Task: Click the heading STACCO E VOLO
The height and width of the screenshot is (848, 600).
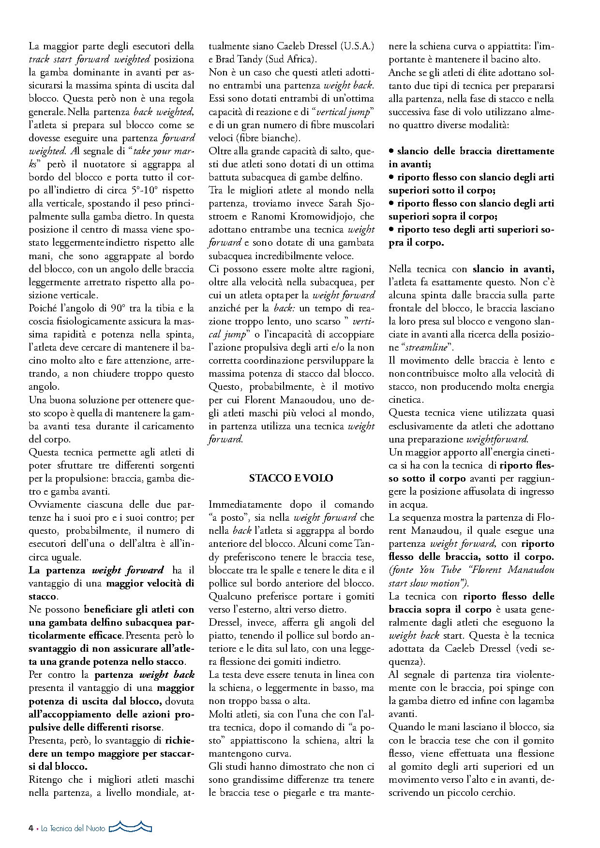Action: pyautogui.click(x=291, y=478)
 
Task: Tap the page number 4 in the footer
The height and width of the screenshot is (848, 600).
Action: pyautogui.click(x=31, y=828)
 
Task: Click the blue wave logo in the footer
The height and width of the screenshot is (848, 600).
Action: pyautogui.click(x=130, y=827)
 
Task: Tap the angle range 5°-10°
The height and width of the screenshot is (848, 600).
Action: pyautogui.click(x=147, y=190)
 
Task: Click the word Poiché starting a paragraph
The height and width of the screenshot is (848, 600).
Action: pyautogui.click(x=43, y=308)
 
